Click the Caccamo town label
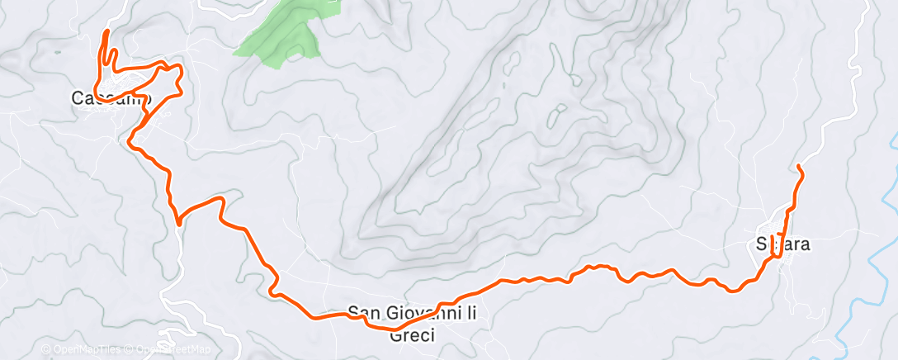pos(111,98)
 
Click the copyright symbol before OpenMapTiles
pos(45,350)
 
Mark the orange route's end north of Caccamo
pos(106,31)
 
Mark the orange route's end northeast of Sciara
pos(799,167)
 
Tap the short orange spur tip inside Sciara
pos(772,237)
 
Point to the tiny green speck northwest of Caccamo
pos(57,53)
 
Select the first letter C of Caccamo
pos(77,98)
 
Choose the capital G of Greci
pos(393,334)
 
